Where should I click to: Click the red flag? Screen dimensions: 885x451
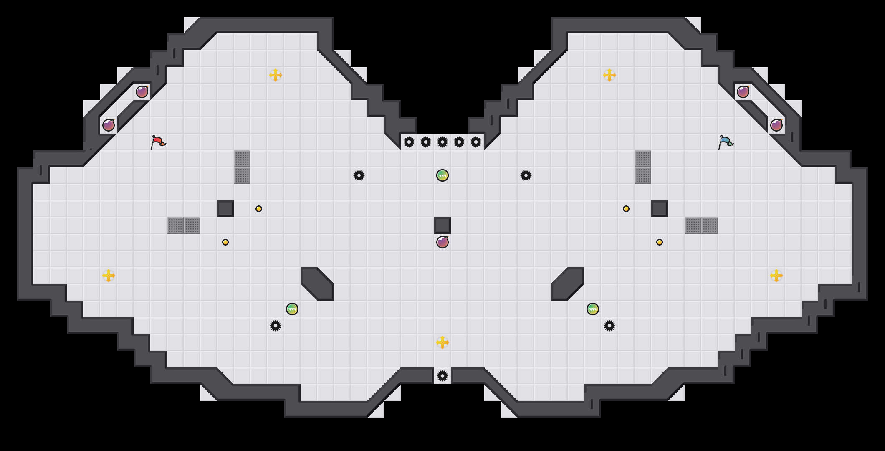point(158,142)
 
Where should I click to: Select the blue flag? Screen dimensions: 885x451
point(726,142)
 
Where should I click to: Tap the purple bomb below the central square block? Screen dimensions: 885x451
point(442,242)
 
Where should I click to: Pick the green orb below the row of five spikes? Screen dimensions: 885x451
point(442,175)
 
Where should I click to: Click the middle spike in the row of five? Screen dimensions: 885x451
point(442,142)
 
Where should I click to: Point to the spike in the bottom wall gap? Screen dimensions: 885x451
point(442,376)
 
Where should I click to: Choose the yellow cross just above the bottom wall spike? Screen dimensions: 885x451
point(442,342)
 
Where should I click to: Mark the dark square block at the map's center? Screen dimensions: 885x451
point(442,225)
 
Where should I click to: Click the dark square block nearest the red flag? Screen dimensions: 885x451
point(225,209)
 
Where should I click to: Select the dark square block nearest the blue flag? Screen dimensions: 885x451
point(660,209)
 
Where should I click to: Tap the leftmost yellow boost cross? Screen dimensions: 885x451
point(109,276)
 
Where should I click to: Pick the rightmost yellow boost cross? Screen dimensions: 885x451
point(776,276)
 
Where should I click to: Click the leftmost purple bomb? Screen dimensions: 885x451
point(109,125)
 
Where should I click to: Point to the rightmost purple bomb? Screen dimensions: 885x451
point(776,125)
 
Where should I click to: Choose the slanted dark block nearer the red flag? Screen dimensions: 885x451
point(317,284)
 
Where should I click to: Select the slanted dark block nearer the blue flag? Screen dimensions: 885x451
point(568,284)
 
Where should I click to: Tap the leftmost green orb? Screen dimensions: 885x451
point(292,309)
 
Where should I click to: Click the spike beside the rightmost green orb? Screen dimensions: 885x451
point(609,326)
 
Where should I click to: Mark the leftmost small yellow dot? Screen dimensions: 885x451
point(225,242)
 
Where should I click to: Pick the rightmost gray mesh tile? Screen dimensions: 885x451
point(710,225)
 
